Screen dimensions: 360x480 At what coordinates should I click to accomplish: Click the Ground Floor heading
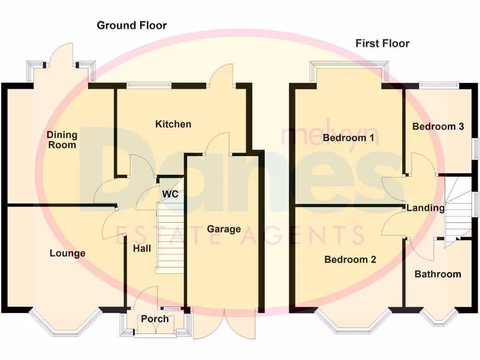pyautogui.click(x=131, y=25)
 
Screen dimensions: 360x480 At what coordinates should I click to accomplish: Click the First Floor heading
pyautogui.click(x=382, y=44)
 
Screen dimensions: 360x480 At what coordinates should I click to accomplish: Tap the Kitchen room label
pyautogui.click(x=173, y=124)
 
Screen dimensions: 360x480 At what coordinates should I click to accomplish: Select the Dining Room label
pyautogui.click(x=61, y=140)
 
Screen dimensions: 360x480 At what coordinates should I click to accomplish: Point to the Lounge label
pyautogui.click(x=67, y=253)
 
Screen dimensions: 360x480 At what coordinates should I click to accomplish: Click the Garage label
pyautogui.click(x=224, y=229)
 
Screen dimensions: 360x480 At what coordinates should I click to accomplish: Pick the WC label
pyautogui.click(x=170, y=194)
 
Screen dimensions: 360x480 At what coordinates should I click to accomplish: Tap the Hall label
pyautogui.click(x=142, y=248)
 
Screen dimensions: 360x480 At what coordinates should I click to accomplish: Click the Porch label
pyautogui.click(x=155, y=319)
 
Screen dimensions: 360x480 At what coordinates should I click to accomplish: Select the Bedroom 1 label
pyautogui.click(x=348, y=138)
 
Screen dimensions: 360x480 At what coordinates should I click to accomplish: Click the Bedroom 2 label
pyautogui.click(x=350, y=259)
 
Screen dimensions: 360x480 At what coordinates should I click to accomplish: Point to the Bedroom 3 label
pyautogui.click(x=438, y=127)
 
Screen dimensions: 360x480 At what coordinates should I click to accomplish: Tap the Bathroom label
pyautogui.click(x=437, y=274)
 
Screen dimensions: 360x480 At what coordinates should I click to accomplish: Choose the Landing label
pyautogui.click(x=425, y=208)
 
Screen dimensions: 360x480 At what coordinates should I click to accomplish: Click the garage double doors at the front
pyautogui.click(x=225, y=323)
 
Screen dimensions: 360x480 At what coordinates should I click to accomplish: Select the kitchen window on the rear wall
pyautogui.click(x=149, y=85)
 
